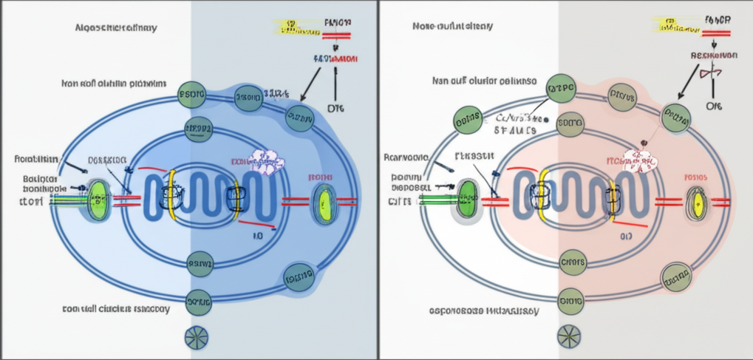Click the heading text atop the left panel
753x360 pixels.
coord(117,28)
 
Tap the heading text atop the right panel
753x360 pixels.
coord(453,27)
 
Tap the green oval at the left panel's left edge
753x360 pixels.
coord(98,200)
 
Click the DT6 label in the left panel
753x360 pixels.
coord(335,107)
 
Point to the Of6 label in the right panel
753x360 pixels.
coord(714,106)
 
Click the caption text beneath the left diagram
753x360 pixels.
coord(116,309)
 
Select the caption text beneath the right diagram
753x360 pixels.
coord(484,311)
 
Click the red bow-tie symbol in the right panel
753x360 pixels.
coord(711,72)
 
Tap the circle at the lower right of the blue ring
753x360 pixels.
coord(299,278)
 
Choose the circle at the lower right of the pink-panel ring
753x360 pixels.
coord(675,276)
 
